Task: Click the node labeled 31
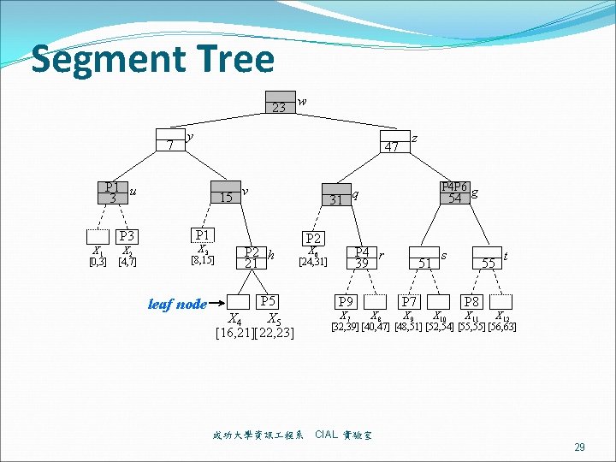(x=336, y=195)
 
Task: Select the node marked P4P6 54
(x=454, y=192)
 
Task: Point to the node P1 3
(x=112, y=192)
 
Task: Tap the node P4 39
(x=362, y=258)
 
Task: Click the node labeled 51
(x=424, y=259)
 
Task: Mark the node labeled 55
(x=489, y=259)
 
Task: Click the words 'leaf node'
(x=177, y=304)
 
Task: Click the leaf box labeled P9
(x=346, y=301)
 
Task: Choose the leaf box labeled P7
(x=410, y=301)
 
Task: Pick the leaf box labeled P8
(x=471, y=301)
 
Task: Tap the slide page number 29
(x=579, y=447)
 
